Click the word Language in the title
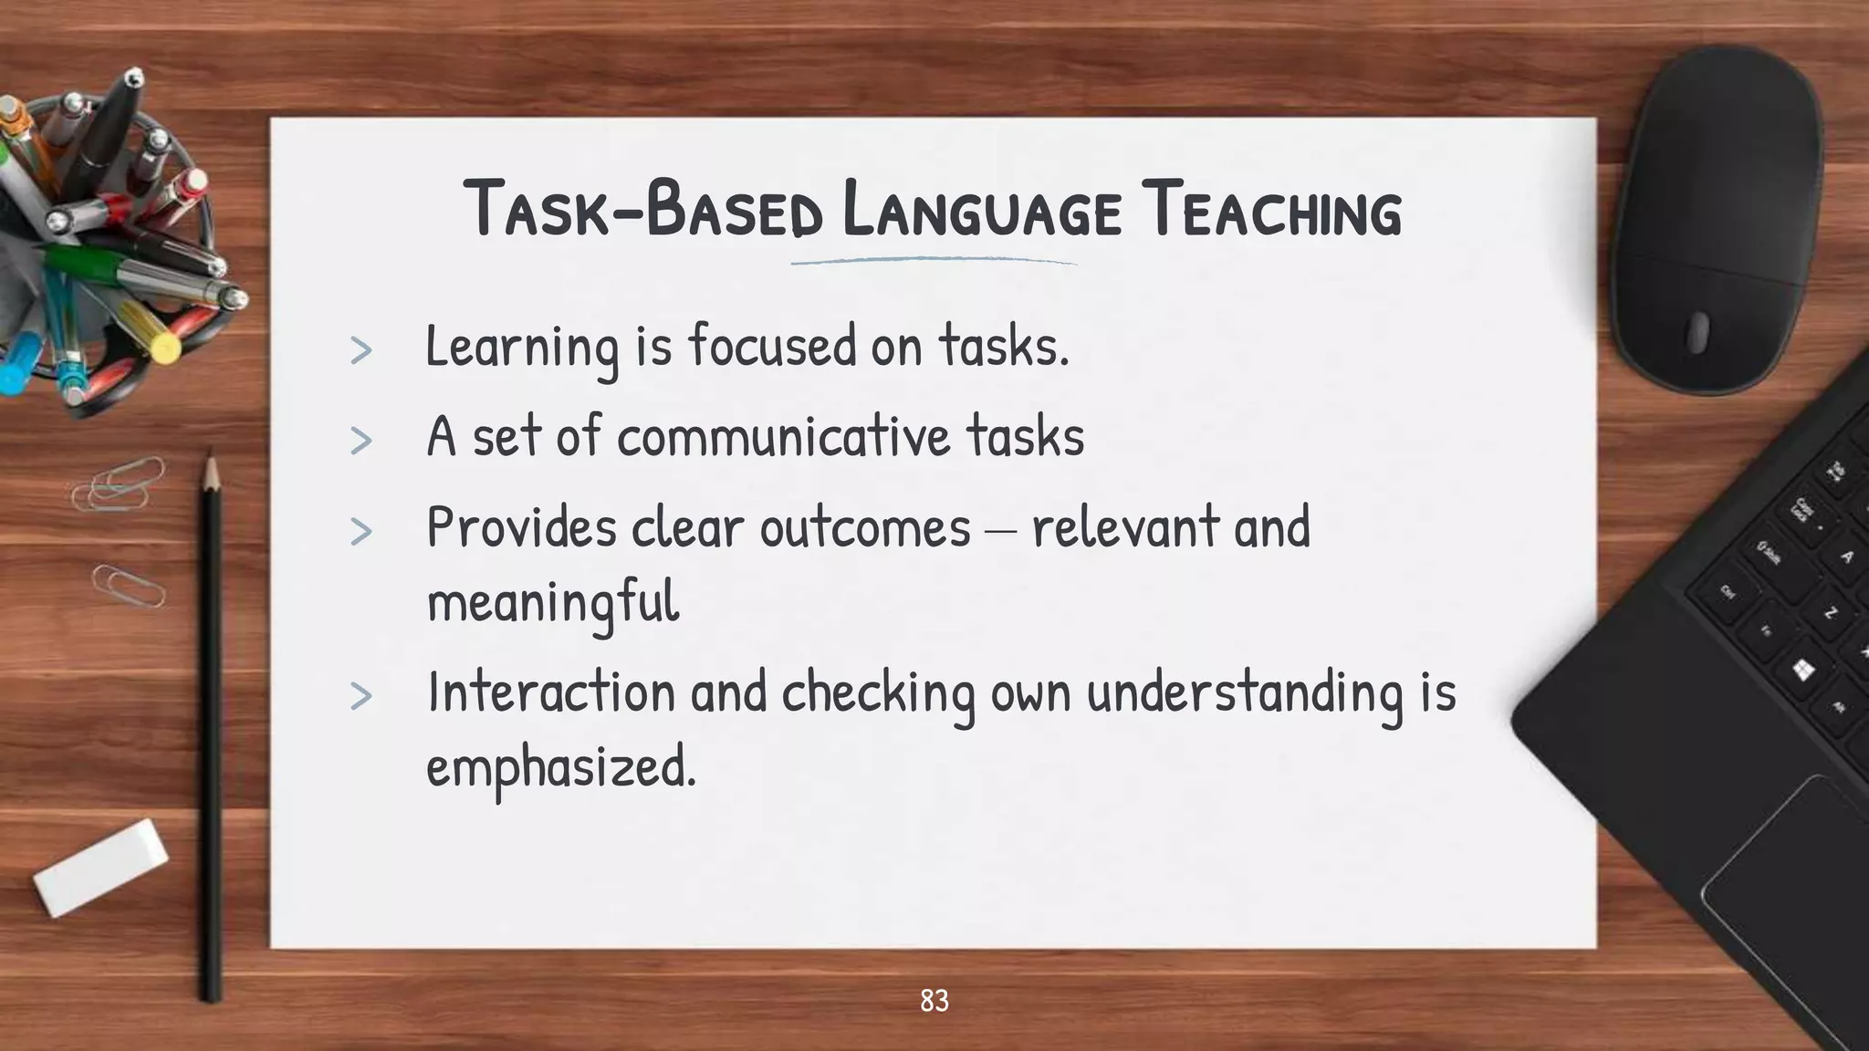(980, 212)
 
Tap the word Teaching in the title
(1274, 212)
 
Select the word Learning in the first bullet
(522, 348)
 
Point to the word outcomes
(865, 528)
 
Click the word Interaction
(550, 692)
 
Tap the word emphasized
(560, 767)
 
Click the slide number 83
(934, 1001)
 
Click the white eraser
(100, 867)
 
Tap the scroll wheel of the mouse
(1697, 332)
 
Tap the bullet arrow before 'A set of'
(361, 441)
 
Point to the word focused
(773, 347)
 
